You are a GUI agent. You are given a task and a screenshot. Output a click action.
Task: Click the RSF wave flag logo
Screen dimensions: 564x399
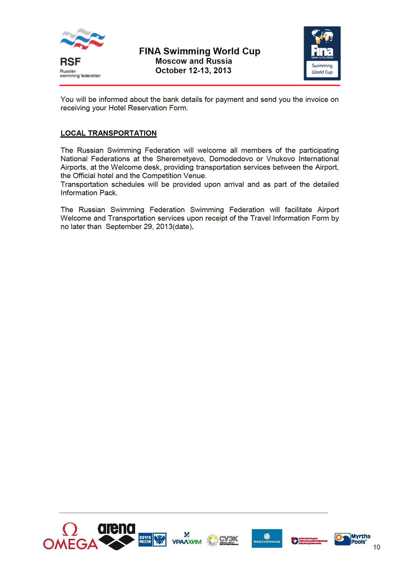tap(83, 39)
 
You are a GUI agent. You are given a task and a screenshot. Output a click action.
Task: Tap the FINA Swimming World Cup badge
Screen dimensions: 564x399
tap(322, 53)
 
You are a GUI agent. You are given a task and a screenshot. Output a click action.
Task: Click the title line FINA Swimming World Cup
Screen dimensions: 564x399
tap(199, 51)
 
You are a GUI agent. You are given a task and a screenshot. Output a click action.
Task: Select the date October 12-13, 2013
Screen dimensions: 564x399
tap(193, 71)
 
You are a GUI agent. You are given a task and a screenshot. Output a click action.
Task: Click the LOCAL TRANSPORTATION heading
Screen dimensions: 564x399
tap(109, 133)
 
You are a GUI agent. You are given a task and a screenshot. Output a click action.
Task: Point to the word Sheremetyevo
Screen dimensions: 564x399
tap(180, 159)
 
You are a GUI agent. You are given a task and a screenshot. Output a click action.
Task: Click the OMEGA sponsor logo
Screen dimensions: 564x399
tap(70, 537)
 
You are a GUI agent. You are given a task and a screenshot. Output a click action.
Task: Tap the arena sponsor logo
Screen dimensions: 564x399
tap(117, 536)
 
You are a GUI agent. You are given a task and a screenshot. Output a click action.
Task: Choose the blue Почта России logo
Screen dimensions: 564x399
tap(152, 540)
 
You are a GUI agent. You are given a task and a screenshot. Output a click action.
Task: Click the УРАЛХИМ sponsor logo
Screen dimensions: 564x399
tap(187, 539)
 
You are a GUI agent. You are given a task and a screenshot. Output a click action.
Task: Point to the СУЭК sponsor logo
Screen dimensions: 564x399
tap(223, 540)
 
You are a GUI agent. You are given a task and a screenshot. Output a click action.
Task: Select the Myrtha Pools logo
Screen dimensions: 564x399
tap(352, 539)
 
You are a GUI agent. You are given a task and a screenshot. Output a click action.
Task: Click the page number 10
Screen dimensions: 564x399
tap(377, 547)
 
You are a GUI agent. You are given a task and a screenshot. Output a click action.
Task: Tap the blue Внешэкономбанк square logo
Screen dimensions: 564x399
tap(267, 539)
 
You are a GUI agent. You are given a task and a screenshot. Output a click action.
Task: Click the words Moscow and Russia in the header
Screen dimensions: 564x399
tap(193, 61)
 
